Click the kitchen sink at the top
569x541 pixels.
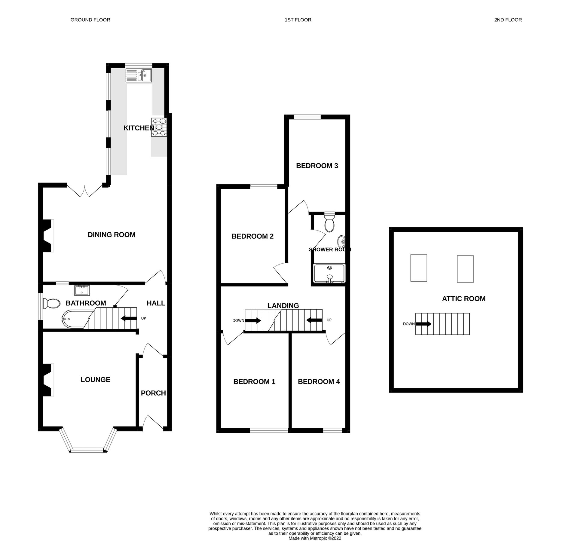click(x=139, y=75)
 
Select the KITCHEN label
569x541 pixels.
click(x=139, y=128)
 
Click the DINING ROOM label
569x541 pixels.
click(x=112, y=235)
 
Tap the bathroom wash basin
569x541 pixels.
click(x=82, y=290)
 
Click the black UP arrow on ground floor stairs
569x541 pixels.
click(x=129, y=318)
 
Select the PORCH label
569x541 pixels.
click(x=153, y=393)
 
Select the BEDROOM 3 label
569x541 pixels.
click(x=317, y=166)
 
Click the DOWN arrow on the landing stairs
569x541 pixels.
click(x=253, y=320)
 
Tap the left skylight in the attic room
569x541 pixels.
click(x=418, y=268)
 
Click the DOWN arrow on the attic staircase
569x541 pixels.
click(x=424, y=324)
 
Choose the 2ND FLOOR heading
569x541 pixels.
click(x=508, y=20)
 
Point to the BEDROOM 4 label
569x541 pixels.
click(x=319, y=382)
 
